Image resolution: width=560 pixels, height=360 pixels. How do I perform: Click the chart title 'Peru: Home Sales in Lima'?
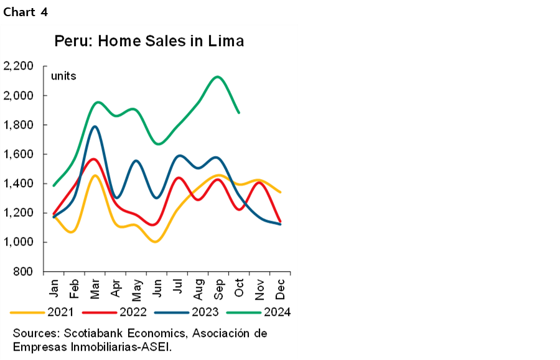click(x=149, y=42)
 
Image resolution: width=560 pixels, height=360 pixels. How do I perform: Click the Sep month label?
click(x=218, y=287)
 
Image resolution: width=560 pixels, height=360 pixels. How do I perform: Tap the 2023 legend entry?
click(x=206, y=312)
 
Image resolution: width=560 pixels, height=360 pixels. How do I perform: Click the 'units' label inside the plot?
click(x=63, y=76)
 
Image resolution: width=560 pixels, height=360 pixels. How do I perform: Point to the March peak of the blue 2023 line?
click(x=95, y=126)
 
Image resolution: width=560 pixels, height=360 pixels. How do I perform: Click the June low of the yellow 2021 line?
click(x=156, y=241)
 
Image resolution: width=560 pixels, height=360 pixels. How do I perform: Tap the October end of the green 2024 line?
click(x=239, y=113)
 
